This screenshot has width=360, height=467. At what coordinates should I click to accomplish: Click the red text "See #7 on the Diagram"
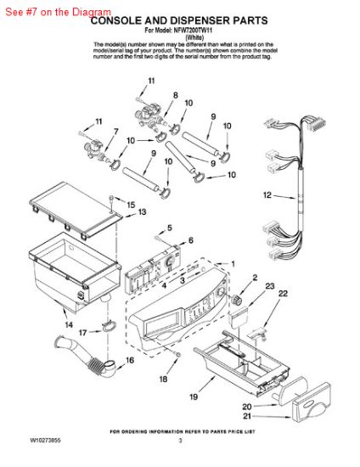(x=56, y=13)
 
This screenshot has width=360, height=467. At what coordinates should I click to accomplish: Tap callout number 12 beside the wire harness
(x=244, y=195)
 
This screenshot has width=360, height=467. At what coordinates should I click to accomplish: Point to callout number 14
(x=68, y=324)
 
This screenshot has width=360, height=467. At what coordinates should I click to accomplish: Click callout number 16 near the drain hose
(x=130, y=360)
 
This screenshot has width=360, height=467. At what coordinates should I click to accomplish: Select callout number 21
(x=270, y=416)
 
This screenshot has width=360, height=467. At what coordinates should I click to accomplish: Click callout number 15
(x=131, y=205)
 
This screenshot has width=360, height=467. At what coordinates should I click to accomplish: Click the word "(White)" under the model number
(x=179, y=37)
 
